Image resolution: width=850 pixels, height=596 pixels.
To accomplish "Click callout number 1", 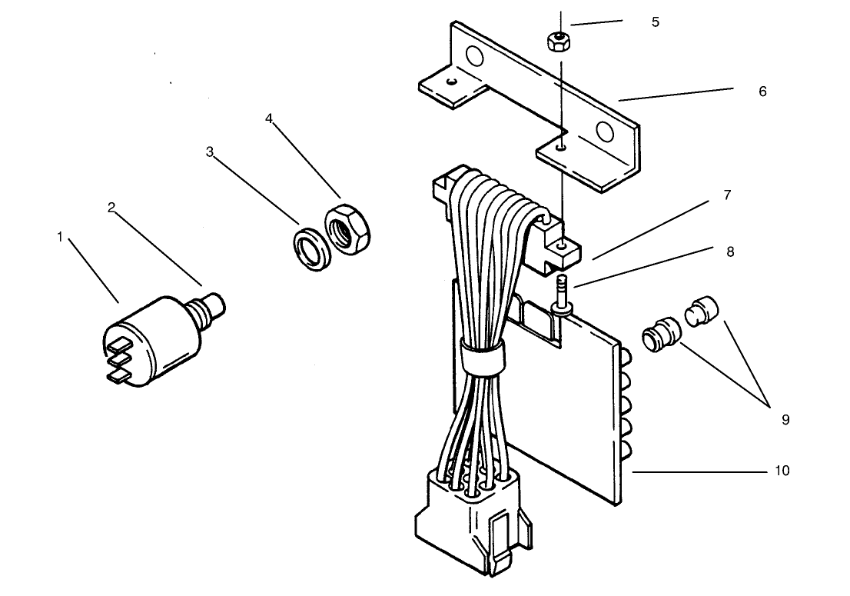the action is click(60, 237).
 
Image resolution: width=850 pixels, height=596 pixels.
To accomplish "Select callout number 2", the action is click(111, 208).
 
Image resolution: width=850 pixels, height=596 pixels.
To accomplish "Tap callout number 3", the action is click(210, 151).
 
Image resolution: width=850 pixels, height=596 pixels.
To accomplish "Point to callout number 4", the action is click(269, 118).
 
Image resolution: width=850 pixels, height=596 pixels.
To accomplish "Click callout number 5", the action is click(656, 22).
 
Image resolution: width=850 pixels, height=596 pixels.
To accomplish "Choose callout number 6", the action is click(762, 92).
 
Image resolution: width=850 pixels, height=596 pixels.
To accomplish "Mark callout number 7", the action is click(728, 195).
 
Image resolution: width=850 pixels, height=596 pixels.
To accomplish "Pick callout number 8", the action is click(730, 252).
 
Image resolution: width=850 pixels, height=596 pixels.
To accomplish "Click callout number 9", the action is click(785, 420).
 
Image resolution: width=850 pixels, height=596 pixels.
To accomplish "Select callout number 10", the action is click(782, 471).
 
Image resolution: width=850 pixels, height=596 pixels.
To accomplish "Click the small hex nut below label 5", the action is click(559, 42).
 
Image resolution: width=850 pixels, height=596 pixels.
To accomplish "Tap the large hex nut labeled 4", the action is click(347, 229).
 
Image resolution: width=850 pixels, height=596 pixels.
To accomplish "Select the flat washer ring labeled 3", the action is click(312, 249).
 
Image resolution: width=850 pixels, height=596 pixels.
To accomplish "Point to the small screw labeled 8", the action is click(562, 295).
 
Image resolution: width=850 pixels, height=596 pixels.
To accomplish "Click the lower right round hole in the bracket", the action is click(604, 132).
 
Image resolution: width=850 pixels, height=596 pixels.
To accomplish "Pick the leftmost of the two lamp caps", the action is click(660, 334).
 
